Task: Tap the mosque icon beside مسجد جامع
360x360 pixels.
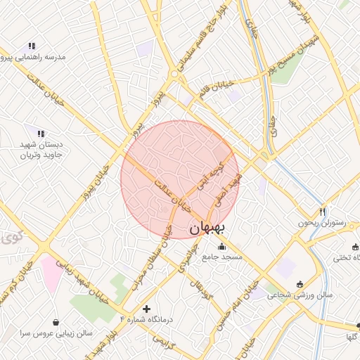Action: click(x=223, y=246)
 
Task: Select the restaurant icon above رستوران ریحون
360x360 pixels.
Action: click(x=323, y=212)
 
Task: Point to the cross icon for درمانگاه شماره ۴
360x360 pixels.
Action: click(x=146, y=309)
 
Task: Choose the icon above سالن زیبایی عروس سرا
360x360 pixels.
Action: click(x=56, y=322)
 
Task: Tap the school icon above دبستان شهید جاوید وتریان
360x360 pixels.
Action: click(x=41, y=133)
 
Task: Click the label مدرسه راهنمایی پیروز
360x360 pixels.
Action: click(x=35, y=56)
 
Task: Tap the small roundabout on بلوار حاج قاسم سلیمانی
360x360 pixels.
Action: click(x=174, y=74)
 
